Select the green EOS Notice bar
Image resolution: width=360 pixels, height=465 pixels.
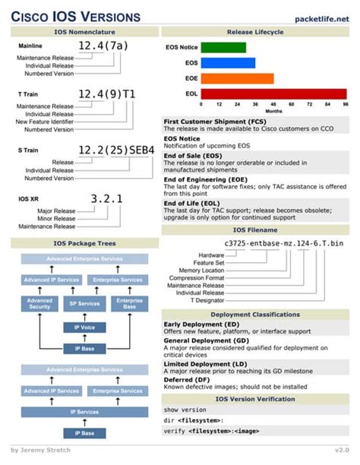coord(223,47)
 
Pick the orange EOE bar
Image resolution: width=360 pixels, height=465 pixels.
coord(236,78)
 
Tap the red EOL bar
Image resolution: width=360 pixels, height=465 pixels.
coord(273,93)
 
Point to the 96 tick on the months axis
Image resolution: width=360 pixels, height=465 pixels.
coord(346,103)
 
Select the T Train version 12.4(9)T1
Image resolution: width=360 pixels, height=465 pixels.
coord(107,94)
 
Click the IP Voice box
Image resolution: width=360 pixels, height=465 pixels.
coord(84,327)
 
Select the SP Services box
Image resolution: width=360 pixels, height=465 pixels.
coord(84,304)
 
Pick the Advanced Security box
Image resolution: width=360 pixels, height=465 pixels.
coord(39,304)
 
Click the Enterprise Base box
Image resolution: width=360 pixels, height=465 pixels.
coord(129,304)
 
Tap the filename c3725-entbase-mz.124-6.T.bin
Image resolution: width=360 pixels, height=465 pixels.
coord(284,243)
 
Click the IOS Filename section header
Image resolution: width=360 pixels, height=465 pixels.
coord(255,229)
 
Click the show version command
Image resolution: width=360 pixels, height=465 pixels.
coord(185,409)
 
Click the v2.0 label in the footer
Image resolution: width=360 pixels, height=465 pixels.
coord(342,450)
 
